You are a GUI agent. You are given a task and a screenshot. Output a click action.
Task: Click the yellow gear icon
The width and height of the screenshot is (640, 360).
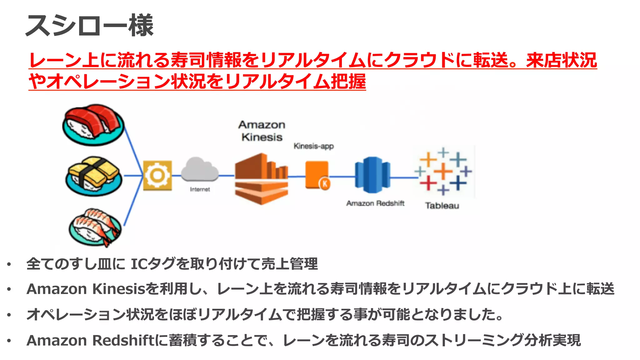[157, 175]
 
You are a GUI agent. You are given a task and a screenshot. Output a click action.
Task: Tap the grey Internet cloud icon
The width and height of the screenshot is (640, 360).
[200, 170]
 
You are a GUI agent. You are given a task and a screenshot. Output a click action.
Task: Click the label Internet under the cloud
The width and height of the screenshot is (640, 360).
[200, 189]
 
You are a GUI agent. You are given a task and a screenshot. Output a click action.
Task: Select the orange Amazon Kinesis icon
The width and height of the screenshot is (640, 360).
[261, 179]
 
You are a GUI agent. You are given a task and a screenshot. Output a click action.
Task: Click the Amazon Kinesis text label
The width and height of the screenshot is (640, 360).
[262, 131]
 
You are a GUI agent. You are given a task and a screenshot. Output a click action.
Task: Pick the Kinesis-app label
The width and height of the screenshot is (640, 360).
[313, 146]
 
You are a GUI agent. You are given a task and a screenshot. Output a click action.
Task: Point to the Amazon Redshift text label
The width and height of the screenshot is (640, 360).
[375, 203]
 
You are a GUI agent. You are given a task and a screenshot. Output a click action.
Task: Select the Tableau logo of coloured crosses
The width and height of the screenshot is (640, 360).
[443, 171]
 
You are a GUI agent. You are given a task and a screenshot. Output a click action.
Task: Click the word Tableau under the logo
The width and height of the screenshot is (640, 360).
[442, 206]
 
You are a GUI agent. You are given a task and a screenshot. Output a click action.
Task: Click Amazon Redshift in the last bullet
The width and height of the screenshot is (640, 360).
[90, 340]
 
